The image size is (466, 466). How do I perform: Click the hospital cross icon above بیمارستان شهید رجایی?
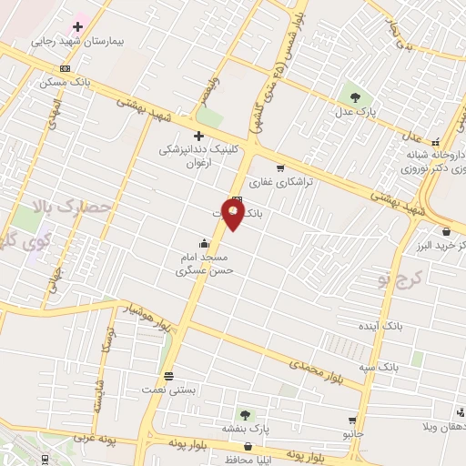tap(77, 26)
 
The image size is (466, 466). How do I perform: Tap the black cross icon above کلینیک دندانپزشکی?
tap(198, 136)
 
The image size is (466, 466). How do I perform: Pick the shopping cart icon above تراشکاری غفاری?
tap(280, 167)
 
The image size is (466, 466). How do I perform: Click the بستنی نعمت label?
tap(168, 390)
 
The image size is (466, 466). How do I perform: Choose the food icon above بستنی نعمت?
tap(168, 375)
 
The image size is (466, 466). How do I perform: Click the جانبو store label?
tap(352, 434)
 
